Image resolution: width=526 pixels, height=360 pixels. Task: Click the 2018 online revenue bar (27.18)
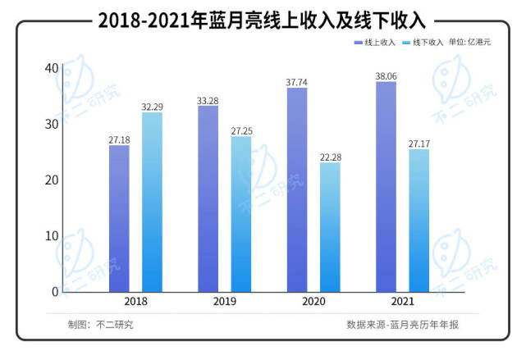pos(119,218)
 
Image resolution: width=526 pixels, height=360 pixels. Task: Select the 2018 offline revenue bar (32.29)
pos(152,202)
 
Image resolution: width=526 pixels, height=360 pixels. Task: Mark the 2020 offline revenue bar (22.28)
pos(330,227)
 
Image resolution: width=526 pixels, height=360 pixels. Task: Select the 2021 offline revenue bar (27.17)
pos(419,220)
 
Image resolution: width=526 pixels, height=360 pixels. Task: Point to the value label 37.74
pos(297,81)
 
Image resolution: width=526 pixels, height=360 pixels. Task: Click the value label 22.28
pos(330,157)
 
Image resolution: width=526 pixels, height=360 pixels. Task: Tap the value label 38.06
pos(386,75)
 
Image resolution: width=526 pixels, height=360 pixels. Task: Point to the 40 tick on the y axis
pos(52,68)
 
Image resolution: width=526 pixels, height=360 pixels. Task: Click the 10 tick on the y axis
pos(52,236)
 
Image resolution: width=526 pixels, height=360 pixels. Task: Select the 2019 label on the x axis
pos(225,302)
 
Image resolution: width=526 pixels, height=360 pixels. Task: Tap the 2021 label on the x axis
pos(402,302)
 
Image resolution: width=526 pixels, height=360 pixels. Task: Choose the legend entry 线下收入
pos(425,41)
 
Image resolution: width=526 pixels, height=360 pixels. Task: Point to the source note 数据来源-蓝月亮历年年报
pos(402,325)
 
